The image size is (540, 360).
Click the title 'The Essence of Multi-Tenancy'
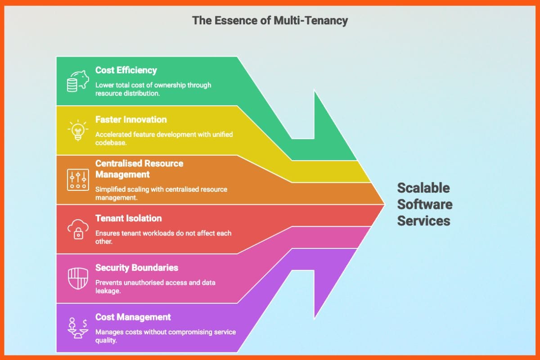[x=270, y=20]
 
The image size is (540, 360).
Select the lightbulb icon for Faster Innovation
[x=77, y=130]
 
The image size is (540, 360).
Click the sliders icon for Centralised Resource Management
[x=77, y=180]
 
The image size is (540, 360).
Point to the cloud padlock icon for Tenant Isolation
[x=77, y=229]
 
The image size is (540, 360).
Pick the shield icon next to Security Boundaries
[x=77, y=279]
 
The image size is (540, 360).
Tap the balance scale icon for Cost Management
[x=77, y=328]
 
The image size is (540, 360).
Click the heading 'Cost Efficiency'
[x=126, y=70]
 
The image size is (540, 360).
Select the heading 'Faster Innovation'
[x=131, y=120]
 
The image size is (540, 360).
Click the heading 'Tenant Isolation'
[x=128, y=218]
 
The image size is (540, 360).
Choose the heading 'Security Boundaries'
[x=137, y=268]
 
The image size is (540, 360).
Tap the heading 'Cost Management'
[x=133, y=317]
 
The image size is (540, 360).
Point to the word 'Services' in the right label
[x=423, y=221]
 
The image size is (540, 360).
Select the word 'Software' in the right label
[x=424, y=204]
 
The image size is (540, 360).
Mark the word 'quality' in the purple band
[x=106, y=341]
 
